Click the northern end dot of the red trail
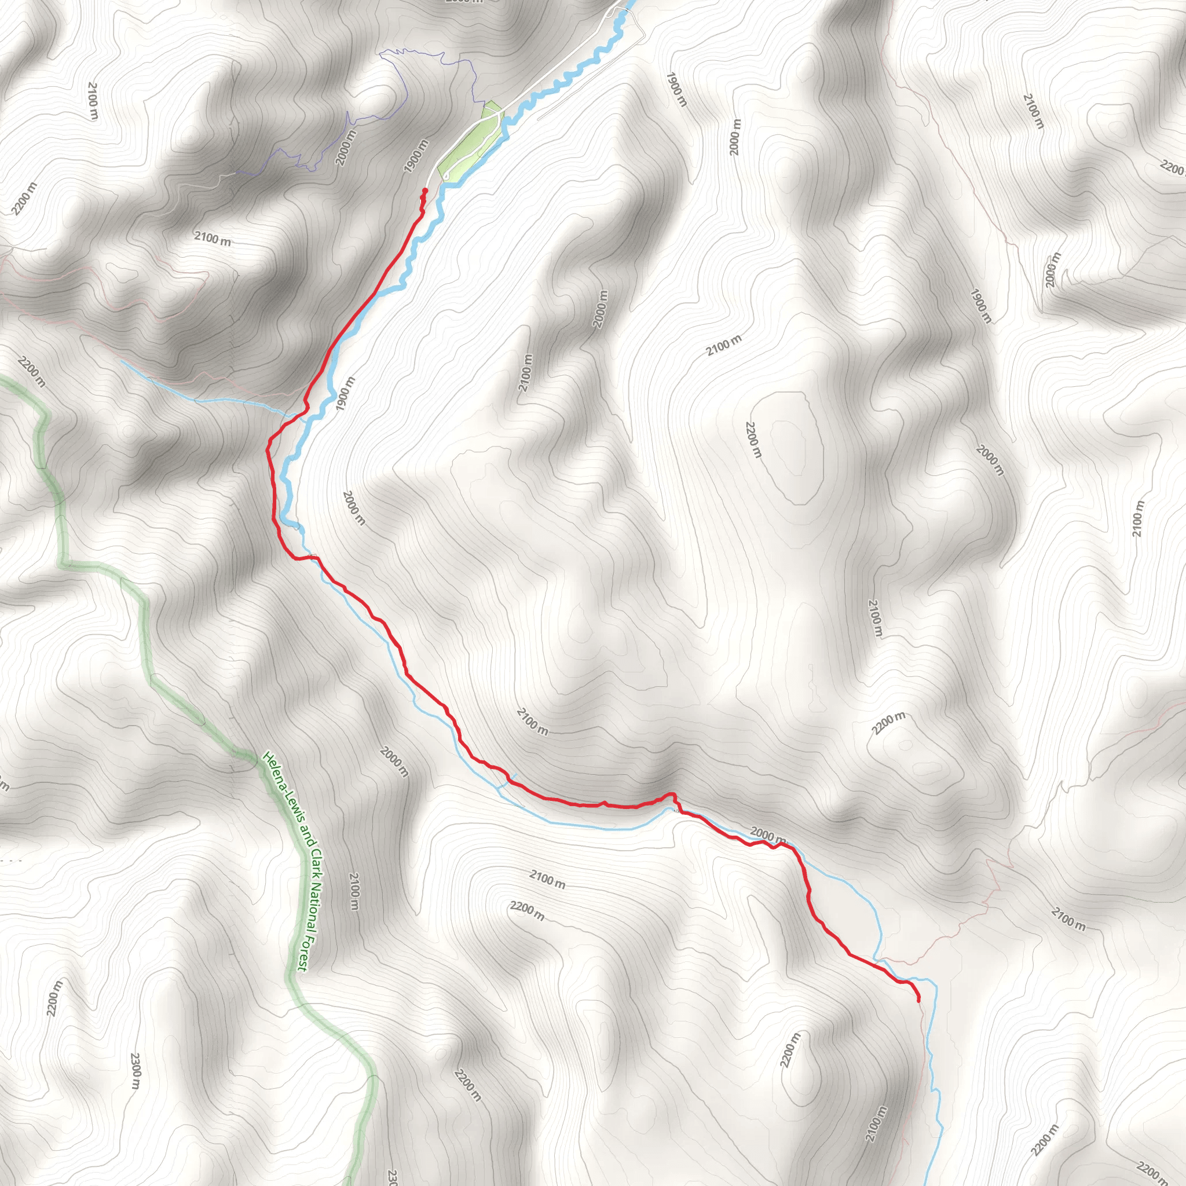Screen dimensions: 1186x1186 425,191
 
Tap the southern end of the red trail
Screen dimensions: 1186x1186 918,1001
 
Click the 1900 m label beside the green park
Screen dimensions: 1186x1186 416,156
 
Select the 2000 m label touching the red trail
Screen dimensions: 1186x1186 767,835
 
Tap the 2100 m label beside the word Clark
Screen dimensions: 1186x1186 354,891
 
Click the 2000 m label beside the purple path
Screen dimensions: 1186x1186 346,148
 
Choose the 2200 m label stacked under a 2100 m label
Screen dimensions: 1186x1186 527,911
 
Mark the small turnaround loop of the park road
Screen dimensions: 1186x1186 446,177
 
